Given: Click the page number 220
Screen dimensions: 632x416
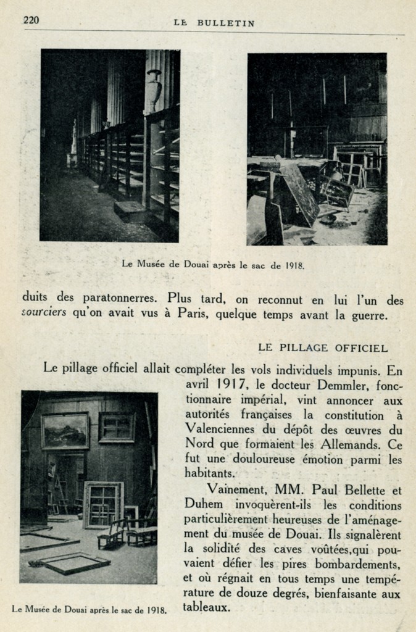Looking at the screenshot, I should click(31, 20).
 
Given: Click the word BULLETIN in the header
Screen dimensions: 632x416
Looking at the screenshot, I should click(226, 23).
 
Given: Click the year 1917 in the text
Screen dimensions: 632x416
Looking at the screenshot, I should click(230, 386).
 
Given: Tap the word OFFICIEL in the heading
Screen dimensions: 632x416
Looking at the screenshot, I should click(361, 347).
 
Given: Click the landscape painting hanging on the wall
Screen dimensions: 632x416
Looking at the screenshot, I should click(65, 431).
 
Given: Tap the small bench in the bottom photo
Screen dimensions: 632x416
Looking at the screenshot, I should click(112, 534).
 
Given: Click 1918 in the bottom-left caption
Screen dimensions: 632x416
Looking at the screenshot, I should click(156, 610).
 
